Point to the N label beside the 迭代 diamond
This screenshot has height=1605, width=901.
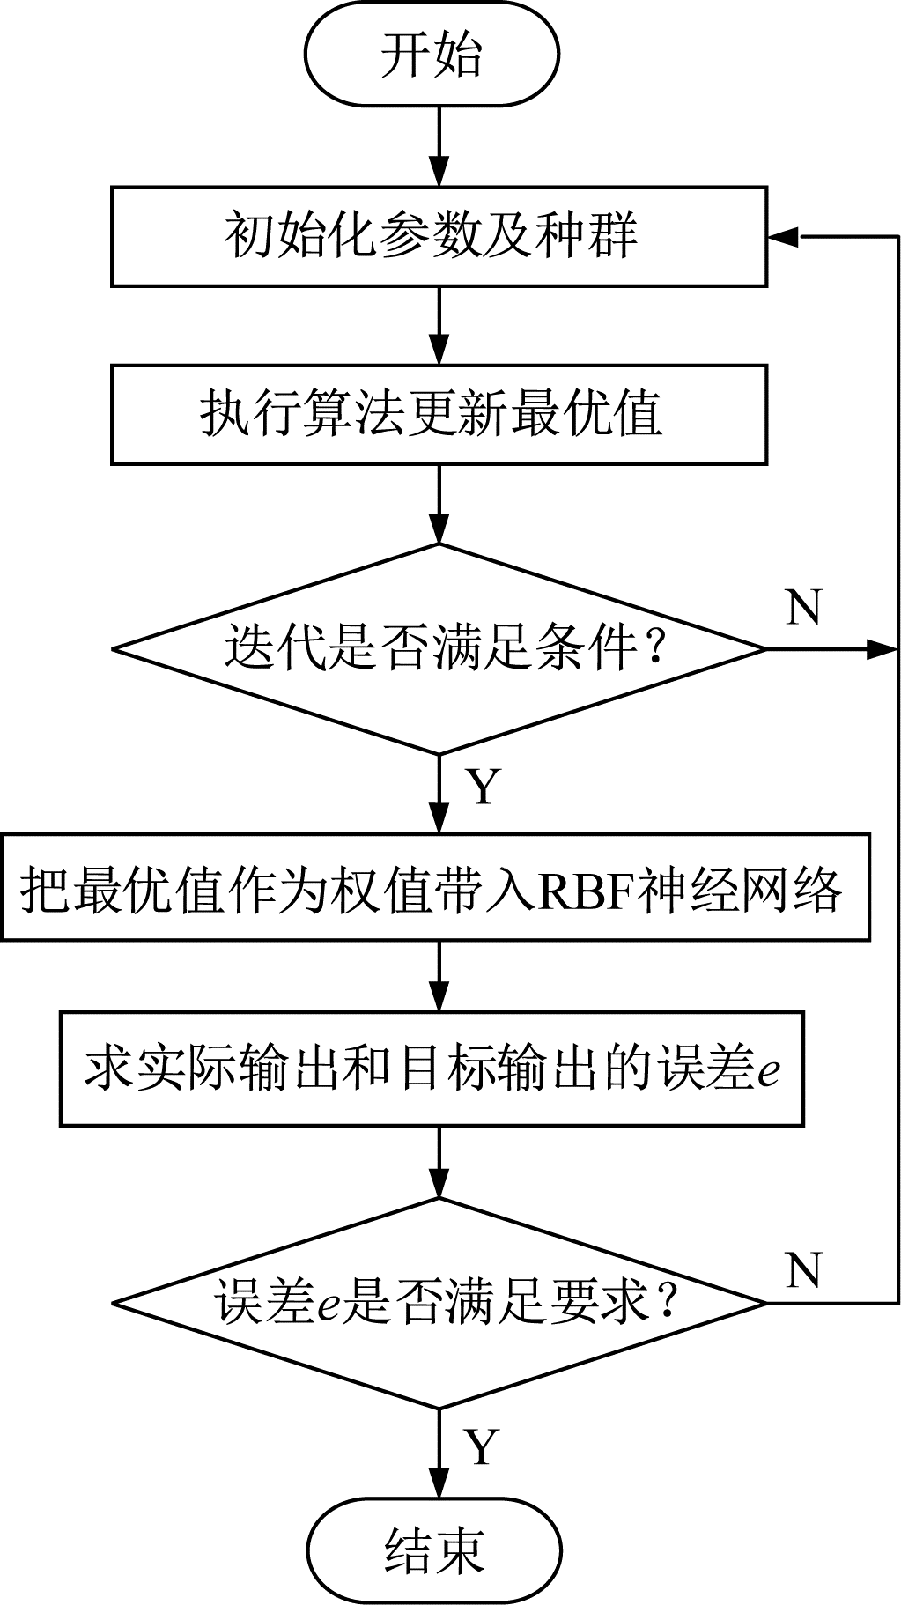[803, 608]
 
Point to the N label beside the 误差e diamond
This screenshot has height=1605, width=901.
[803, 1270]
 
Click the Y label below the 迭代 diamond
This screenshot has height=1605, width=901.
[484, 787]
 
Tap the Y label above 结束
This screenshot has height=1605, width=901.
[482, 1447]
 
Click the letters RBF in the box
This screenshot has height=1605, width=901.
[585, 891]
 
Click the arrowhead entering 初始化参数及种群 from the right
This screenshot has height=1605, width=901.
[783, 236]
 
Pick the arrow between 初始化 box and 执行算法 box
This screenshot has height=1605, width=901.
[439, 326]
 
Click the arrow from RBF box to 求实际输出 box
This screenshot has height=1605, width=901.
[439, 976]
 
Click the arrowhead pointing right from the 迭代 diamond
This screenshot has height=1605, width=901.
[883, 649]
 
